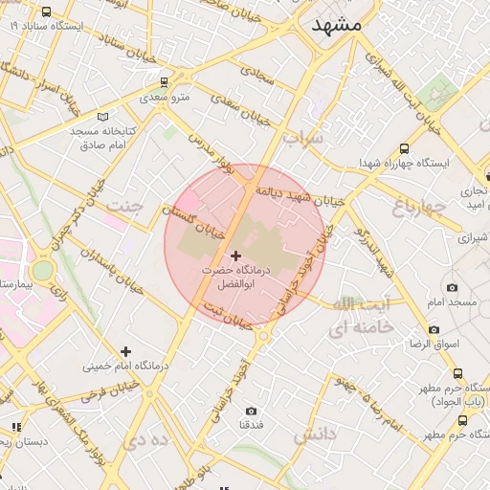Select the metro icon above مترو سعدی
coord(165,81)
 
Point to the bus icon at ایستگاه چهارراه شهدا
coord(404,148)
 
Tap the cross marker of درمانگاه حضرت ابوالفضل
coord(236,256)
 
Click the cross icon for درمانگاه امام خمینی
coord(125,351)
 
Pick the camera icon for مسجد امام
coord(451,287)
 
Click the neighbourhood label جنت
coord(122,206)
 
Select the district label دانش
coord(317,435)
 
